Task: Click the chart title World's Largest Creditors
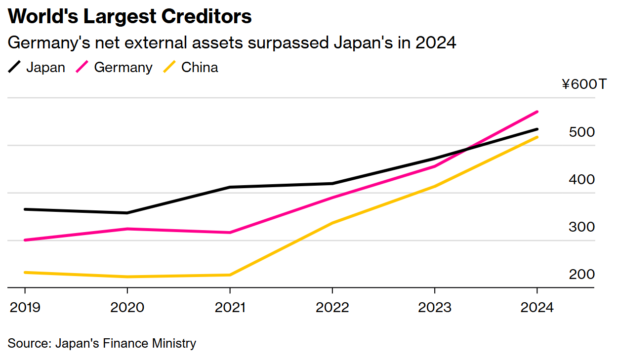(x=130, y=17)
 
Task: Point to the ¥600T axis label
(x=583, y=84)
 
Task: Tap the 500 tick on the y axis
(x=581, y=132)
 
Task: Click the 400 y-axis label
(x=581, y=180)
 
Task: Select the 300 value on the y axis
(x=581, y=227)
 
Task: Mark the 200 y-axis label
(x=581, y=275)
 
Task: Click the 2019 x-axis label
(x=25, y=307)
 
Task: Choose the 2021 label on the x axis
(x=231, y=307)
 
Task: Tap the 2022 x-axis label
(x=332, y=307)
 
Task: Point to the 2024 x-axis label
(x=537, y=307)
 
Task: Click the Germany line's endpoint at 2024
(x=537, y=112)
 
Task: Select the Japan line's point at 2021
(x=230, y=187)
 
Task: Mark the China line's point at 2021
(x=230, y=275)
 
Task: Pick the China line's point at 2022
(x=332, y=223)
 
